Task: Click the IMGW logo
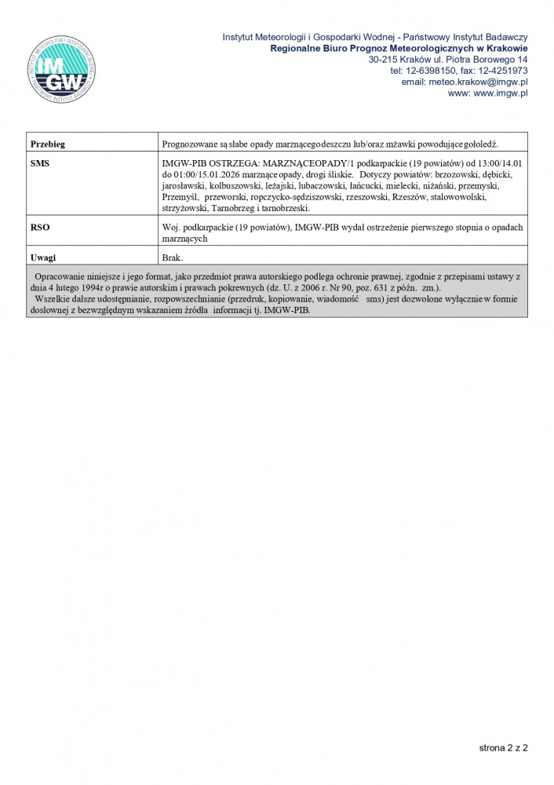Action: tap(61, 69)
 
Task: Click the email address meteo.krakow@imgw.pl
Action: tap(465, 82)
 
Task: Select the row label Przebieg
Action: tap(47, 144)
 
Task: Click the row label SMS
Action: tap(39, 162)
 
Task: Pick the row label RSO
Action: tap(39, 227)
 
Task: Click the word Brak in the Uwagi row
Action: tap(172, 257)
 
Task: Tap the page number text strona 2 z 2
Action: tap(503, 748)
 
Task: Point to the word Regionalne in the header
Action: tap(297, 48)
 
